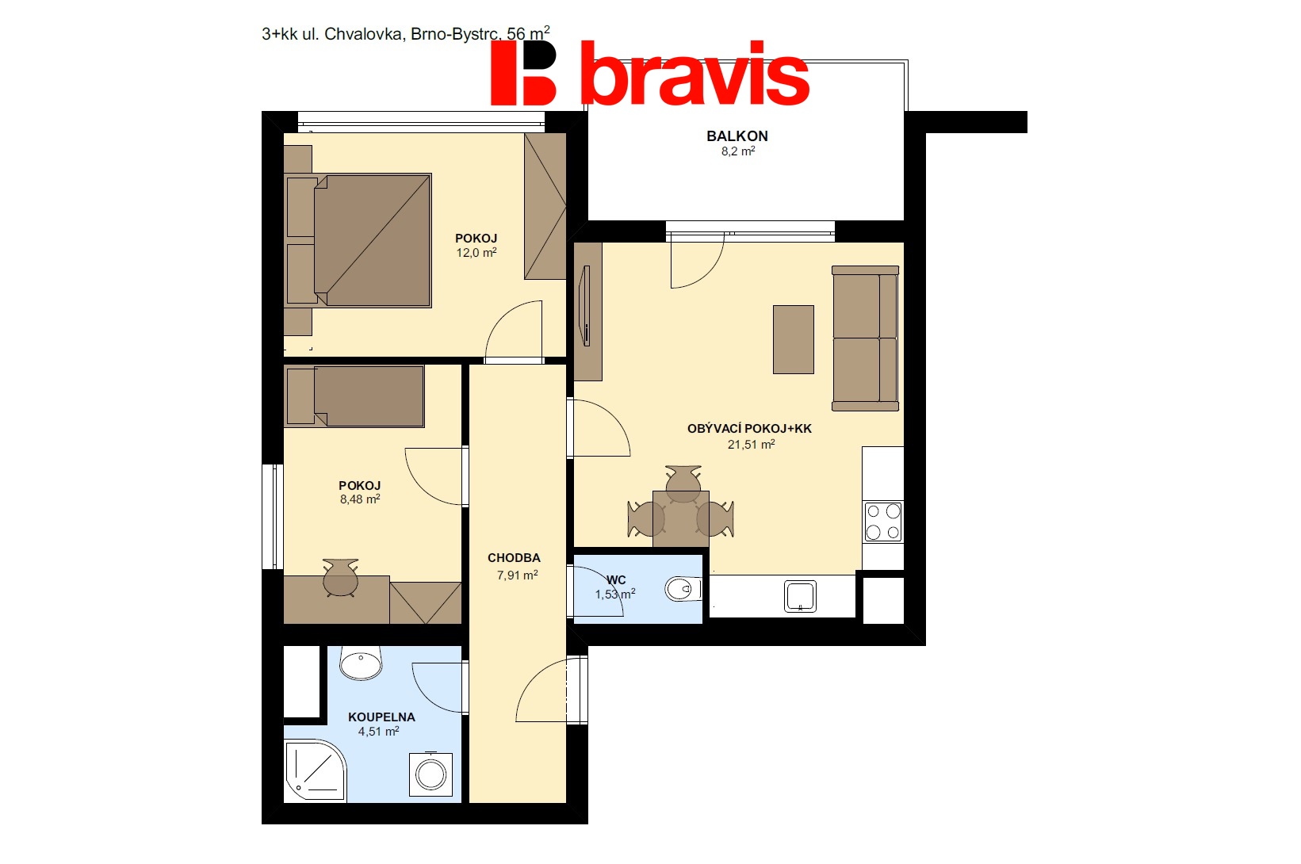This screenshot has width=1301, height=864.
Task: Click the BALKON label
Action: [737, 136]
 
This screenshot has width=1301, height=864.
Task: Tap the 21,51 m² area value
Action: [751, 444]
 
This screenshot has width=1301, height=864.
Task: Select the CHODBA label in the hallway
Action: [514, 558]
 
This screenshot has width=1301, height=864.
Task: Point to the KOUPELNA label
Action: [381, 717]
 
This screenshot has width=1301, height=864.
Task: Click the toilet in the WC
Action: [683, 590]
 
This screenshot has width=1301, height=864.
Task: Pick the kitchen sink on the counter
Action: [801, 596]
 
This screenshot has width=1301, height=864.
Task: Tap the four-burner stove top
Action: [883, 522]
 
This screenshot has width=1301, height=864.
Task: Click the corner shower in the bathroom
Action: [316, 770]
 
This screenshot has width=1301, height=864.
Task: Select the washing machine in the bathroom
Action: [431, 774]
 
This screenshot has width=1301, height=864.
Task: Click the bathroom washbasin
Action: [361, 663]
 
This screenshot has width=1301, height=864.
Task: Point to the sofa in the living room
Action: [866, 338]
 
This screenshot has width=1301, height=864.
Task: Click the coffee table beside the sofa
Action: [794, 340]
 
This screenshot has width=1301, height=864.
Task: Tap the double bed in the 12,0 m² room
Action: [358, 240]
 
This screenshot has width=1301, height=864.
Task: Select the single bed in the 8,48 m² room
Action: [354, 396]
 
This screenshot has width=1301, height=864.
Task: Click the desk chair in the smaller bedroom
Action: [340, 577]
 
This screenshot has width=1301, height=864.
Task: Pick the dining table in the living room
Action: [681, 518]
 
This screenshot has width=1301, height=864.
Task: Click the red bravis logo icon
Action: [523, 73]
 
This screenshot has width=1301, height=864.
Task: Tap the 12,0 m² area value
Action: [476, 253]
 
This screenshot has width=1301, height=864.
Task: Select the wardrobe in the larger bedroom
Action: [545, 206]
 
